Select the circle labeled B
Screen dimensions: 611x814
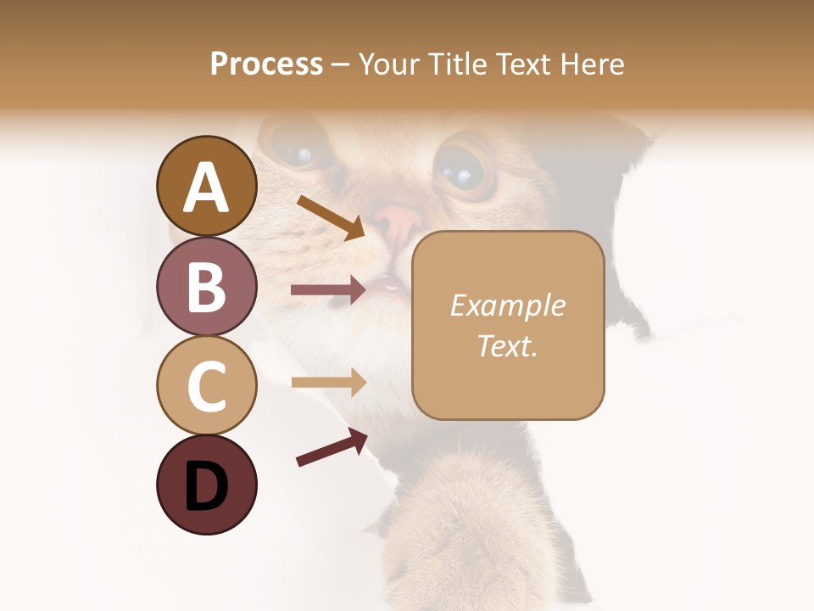(x=206, y=286)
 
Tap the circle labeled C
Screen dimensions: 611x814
(x=206, y=385)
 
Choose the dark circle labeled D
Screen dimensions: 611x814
(x=206, y=485)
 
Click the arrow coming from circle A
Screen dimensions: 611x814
(x=331, y=217)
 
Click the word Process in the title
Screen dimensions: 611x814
(x=266, y=64)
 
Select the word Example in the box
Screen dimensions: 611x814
(x=507, y=305)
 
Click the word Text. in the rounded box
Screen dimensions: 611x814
(x=507, y=345)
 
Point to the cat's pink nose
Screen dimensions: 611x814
(x=397, y=223)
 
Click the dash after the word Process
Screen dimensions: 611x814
(x=340, y=64)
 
